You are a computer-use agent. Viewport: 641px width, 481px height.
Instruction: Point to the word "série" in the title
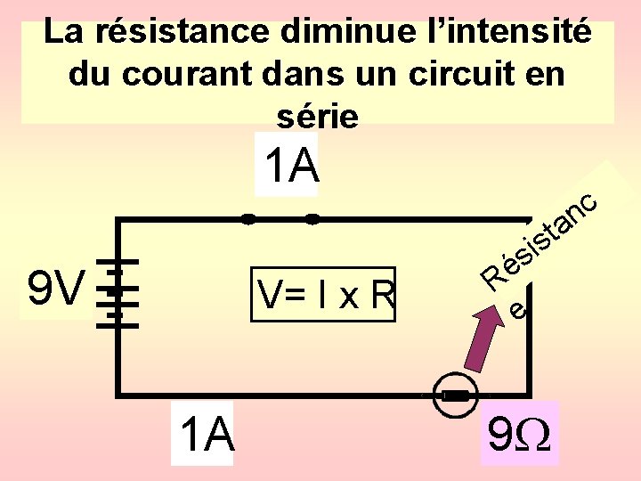[317, 116]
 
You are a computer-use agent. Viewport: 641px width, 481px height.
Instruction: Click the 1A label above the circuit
[289, 165]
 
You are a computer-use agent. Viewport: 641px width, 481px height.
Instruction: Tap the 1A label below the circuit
[206, 436]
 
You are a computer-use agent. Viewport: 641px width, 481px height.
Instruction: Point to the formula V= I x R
[324, 293]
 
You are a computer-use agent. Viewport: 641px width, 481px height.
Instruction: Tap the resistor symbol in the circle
[456, 395]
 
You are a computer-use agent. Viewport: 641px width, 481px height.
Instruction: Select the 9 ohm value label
[519, 434]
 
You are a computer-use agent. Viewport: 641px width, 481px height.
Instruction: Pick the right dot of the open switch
[312, 218]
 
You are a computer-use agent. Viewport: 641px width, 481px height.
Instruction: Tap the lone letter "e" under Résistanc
[518, 309]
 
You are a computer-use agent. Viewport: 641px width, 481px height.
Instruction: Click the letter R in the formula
[381, 294]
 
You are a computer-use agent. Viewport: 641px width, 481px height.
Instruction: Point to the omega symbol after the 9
[535, 435]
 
